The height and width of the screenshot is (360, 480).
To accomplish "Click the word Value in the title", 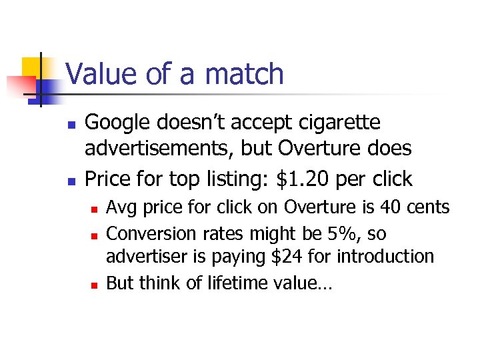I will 101,73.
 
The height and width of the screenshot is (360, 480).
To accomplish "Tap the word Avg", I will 121,207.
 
